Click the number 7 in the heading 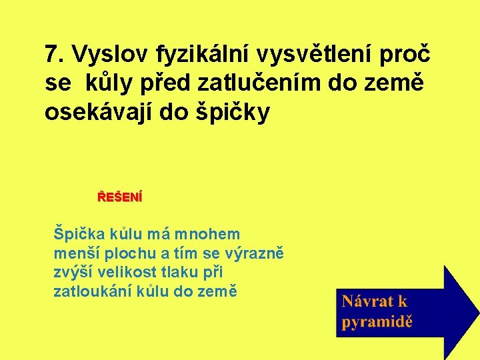pos(51,53)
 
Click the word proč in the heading pos(407,53)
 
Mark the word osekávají pos(114,113)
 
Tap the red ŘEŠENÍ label pos(120,197)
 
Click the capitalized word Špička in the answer pos(78,235)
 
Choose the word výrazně pos(255,253)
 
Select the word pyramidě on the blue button pos(377,322)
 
